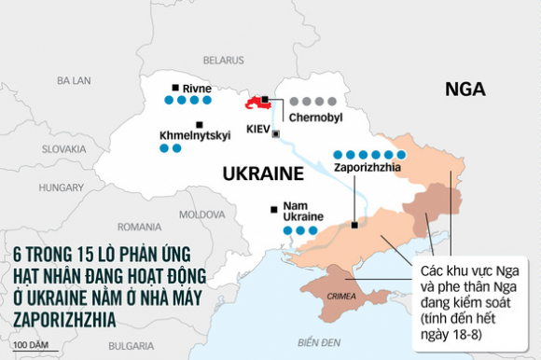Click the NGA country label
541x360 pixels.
tap(466, 90)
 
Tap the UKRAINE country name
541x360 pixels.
tap(263, 173)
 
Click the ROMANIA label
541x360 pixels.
tap(140, 227)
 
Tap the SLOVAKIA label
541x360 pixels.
tap(63, 148)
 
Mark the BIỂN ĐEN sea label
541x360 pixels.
tap(303, 342)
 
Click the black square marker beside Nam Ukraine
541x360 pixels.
tap(272, 209)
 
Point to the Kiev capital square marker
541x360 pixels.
tap(274, 134)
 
